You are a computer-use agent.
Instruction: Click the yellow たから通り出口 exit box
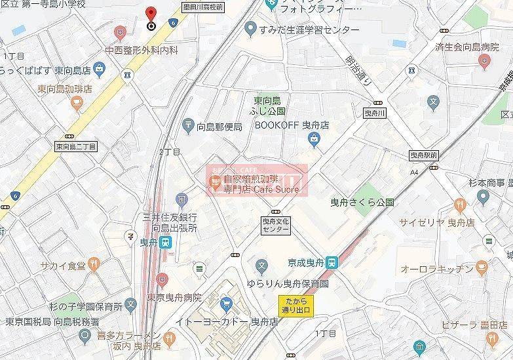click(x=295, y=304)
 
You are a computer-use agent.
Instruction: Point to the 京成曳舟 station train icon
click(x=332, y=262)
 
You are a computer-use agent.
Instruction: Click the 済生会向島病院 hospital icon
click(x=484, y=63)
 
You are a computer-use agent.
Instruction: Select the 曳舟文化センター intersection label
click(x=275, y=226)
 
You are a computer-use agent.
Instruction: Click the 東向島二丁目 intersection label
click(x=75, y=147)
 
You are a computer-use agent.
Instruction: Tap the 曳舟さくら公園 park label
click(x=362, y=203)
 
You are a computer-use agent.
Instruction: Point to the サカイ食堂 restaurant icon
click(x=96, y=264)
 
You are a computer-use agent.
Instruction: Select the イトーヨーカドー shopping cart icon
click(x=227, y=304)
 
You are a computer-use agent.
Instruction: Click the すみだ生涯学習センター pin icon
click(x=250, y=30)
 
